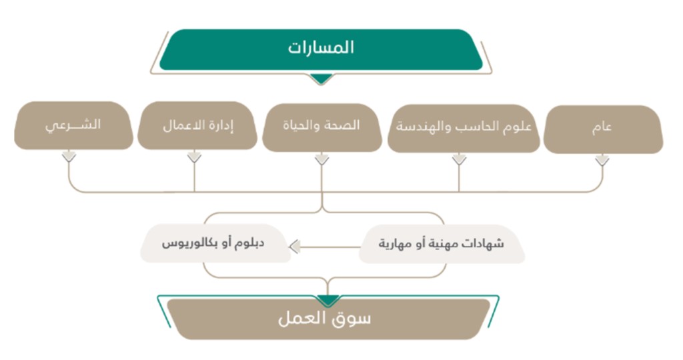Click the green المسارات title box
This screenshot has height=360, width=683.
(x=321, y=49)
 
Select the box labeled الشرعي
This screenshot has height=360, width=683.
(x=73, y=125)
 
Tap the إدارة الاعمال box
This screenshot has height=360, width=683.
(x=197, y=125)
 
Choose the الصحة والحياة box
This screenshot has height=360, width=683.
(x=322, y=127)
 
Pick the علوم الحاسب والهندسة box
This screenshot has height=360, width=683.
(x=464, y=128)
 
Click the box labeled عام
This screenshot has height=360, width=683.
(x=603, y=129)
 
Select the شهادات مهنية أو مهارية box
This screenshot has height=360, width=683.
(x=442, y=244)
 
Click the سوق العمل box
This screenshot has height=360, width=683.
(x=328, y=319)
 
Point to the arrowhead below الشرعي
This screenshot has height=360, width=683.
(x=69, y=156)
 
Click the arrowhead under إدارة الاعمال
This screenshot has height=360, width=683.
(x=194, y=157)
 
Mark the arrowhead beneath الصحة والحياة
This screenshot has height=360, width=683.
(x=322, y=159)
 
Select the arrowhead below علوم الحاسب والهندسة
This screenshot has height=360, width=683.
(x=459, y=159)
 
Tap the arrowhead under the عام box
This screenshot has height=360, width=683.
(x=602, y=160)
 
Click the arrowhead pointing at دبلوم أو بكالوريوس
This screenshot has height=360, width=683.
(x=294, y=247)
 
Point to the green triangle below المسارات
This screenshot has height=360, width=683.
(x=321, y=79)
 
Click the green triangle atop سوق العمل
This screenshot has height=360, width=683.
(x=328, y=301)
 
